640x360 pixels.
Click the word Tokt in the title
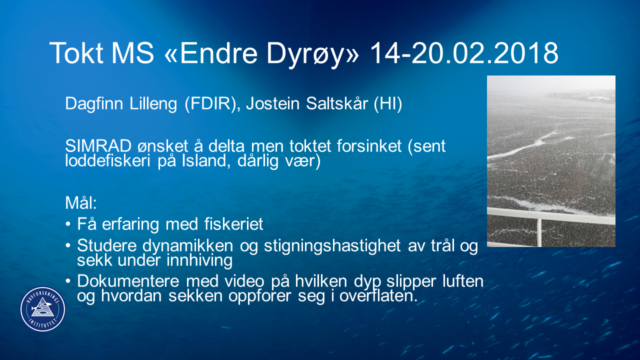pos(76,53)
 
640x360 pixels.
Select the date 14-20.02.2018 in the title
pos(464,53)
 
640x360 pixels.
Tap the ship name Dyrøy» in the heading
pos(312,55)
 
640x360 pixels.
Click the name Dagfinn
pos(95,103)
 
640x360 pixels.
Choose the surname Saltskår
pos(337,103)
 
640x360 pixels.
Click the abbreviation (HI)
pos(388,103)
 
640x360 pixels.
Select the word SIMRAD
pos(98,146)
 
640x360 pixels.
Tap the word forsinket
pos(369,146)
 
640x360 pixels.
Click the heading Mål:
pos(81,203)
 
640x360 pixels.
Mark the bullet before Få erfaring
pos(68,224)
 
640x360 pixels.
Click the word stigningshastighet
pos(332,246)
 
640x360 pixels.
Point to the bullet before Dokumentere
pos(68,281)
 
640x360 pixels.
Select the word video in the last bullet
pos(244,281)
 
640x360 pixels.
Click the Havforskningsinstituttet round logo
pos(43,309)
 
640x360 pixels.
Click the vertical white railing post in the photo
pos(539,232)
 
